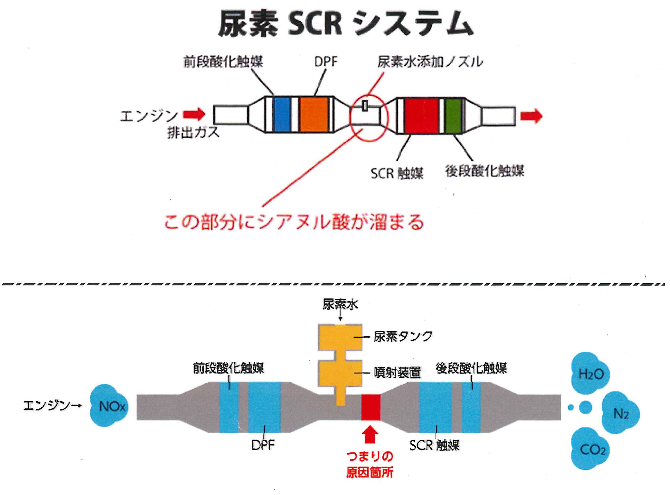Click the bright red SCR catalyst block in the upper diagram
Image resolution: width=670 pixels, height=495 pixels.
pos(421,115)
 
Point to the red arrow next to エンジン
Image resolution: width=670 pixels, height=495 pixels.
pos(194,114)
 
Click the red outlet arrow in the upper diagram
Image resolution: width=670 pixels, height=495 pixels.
pos(531,116)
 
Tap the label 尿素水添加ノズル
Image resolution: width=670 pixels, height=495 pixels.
pos(430,62)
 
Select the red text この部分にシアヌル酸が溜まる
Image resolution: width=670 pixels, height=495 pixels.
pos(294,222)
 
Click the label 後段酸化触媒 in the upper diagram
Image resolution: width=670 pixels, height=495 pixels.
pos(484,171)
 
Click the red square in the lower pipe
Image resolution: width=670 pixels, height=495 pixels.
pos(371,407)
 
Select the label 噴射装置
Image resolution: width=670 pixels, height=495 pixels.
pos(397,373)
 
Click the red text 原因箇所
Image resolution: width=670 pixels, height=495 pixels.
pos(370,473)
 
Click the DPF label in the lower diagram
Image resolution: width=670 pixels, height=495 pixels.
pos(263,445)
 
